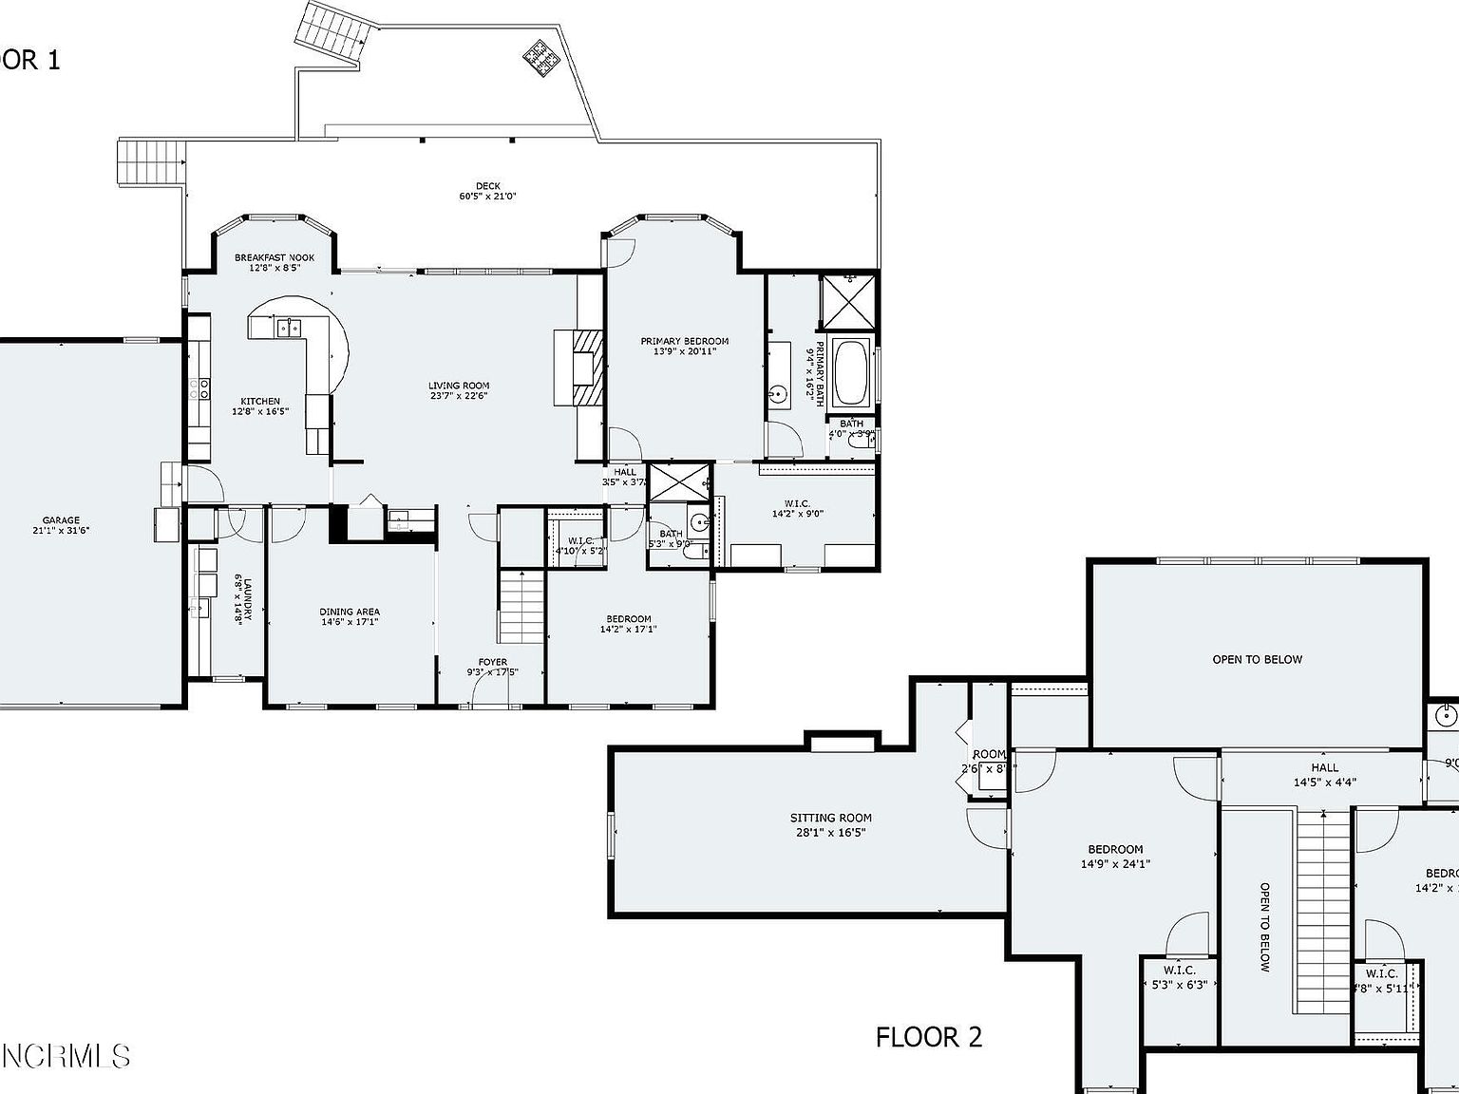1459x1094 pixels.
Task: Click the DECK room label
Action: click(488, 192)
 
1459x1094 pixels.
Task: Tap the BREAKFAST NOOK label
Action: click(275, 263)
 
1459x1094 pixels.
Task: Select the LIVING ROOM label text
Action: click(459, 391)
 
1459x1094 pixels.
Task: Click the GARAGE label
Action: click(61, 525)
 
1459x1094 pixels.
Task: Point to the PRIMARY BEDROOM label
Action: click(684, 347)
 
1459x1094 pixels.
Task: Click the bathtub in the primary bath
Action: click(850, 370)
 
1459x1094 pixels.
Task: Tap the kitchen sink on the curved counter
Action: click(289, 329)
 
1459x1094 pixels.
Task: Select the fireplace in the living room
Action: click(581, 368)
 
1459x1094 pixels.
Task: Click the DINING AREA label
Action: click(350, 617)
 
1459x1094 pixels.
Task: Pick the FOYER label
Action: click(492, 668)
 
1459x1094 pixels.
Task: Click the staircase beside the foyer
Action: click(521, 606)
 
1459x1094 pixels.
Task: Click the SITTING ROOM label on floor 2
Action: click(830, 824)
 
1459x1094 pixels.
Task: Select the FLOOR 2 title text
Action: click(928, 1037)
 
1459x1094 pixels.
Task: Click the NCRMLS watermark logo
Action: click(65, 1055)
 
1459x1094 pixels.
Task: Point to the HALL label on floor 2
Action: click(1324, 775)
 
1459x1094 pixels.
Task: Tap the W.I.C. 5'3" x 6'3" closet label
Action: click(1179, 977)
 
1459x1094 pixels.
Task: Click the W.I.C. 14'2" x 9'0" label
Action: click(797, 508)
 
